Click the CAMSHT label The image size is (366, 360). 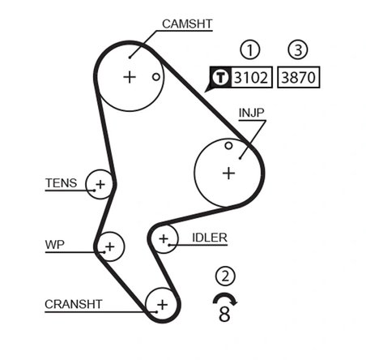[x=187, y=24]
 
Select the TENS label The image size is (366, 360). [x=62, y=183]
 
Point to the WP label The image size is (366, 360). [x=55, y=244]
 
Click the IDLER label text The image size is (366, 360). [x=210, y=238]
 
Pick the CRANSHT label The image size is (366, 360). [x=74, y=304]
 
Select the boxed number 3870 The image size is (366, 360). [x=299, y=78]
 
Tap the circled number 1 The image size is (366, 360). [x=253, y=50]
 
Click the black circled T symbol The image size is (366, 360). [x=221, y=78]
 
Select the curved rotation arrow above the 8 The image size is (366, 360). [x=223, y=297]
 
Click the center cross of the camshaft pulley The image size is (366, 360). [x=130, y=77]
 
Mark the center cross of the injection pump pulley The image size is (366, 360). [x=228, y=172]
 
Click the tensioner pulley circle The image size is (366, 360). [x=100, y=185]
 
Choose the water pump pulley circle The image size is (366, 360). [x=109, y=245]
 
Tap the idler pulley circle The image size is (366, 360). [x=165, y=238]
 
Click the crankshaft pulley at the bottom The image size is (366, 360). [x=161, y=304]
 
